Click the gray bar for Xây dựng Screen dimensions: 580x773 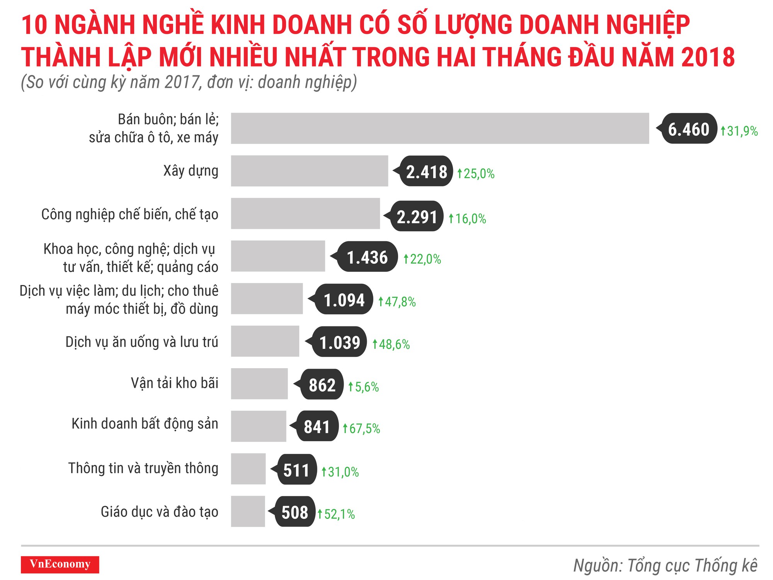pyautogui.click(x=309, y=171)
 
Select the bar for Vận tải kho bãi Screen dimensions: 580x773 pyautogui.click(x=259, y=384)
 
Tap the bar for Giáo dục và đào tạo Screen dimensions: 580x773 pyautogui.click(x=248, y=511)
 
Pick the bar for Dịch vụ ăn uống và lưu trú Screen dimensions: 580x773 pyautogui.click(x=265, y=341)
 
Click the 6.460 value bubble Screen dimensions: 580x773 pyautogui.click(x=688, y=129)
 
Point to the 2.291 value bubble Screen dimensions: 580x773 pyautogui.click(x=417, y=217)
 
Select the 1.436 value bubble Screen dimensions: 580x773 pyautogui.click(x=367, y=257)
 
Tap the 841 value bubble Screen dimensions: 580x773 pyautogui.click(x=317, y=426)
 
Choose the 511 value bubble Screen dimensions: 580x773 pyautogui.click(x=296, y=470)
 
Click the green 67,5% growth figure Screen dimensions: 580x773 pyautogui.click(x=362, y=428)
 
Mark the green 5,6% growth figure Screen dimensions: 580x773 pyautogui.click(x=364, y=387)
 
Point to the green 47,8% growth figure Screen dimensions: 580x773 pyautogui.click(x=397, y=302)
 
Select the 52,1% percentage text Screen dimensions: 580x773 pyautogui.click(x=336, y=514)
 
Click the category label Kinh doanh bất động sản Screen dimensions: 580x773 pyautogui.click(x=145, y=424)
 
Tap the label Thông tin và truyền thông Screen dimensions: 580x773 pyautogui.click(x=143, y=468)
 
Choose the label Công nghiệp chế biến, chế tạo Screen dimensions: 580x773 pyautogui.click(x=130, y=214)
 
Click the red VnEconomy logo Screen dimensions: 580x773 pyautogui.click(x=60, y=564)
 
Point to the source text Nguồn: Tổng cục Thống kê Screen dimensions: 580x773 pyautogui.click(x=665, y=565)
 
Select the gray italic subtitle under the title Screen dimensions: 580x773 pyautogui.click(x=189, y=82)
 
